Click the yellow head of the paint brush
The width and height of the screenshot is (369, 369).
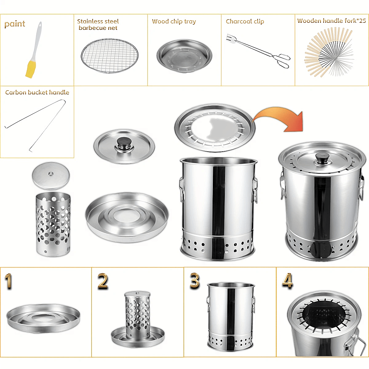pyautogui.click(x=29, y=69)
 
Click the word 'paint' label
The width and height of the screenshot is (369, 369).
pyautogui.click(x=15, y=24)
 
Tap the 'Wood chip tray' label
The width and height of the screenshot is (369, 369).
pyautogui.click(x=174, y=22)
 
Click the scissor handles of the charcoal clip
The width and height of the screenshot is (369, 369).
pyautogui.click(x=282, y=60)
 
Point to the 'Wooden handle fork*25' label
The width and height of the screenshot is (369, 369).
pyautogui.click(x=331, y=21)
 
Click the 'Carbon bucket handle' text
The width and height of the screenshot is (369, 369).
pyautogui.click(x=37, y=92)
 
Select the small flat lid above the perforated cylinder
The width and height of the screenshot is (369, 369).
pyautogui.click(x=51, y=176)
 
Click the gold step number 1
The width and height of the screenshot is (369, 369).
pyautogui.click(x=8, y=281)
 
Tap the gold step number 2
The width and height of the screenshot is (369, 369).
pyautogui.click(x=103, y=281)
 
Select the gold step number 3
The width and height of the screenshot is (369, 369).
pyautogui.click(x=194, y=280)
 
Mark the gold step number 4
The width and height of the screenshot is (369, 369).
pyautogui.click(x=287, y=280)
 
